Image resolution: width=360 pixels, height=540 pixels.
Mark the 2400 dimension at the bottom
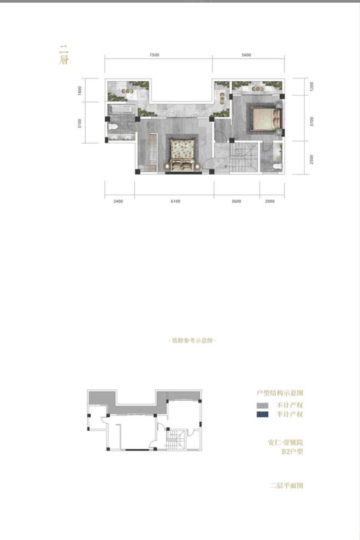click(118, 201)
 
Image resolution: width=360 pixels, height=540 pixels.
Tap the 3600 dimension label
click(236, 201)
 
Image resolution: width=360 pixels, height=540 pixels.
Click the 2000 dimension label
click(272, 201)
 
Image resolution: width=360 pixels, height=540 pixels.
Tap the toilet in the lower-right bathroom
click(277, 162)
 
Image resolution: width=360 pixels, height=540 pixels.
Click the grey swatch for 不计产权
click(263, 405)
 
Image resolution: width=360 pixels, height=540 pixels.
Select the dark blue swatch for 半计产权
click(263, 414)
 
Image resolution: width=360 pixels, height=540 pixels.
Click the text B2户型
click(292, 452)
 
